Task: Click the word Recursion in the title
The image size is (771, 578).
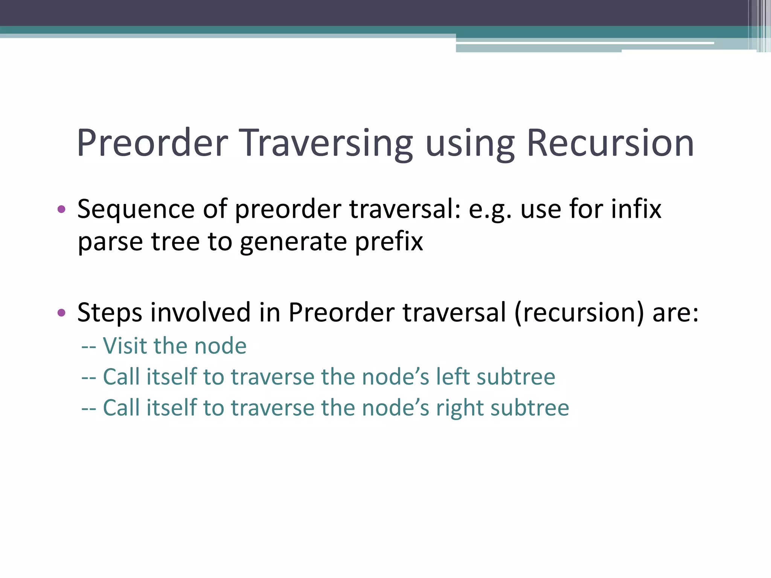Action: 610,143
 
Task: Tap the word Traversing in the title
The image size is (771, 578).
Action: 326,143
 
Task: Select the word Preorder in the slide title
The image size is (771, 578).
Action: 152,143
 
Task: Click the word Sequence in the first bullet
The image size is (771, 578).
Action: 136,209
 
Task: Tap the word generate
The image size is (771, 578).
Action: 293,242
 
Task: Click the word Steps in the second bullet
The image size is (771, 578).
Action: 110,312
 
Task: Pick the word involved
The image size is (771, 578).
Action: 200,312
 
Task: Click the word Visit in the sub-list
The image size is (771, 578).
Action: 125,346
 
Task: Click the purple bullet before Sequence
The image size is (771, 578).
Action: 61,209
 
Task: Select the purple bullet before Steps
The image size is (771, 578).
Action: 61,312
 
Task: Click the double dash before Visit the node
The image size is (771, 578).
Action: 89,347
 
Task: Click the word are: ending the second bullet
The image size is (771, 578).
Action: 675,312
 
